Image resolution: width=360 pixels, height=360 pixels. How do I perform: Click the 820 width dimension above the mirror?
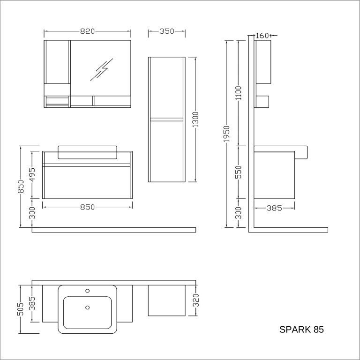click(87, 31)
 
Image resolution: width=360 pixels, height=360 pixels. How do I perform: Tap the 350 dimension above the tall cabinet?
click(167, 31)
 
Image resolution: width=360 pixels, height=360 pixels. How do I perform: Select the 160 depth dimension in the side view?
click(262, 36)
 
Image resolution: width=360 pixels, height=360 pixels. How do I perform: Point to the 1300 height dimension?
click(195, 120)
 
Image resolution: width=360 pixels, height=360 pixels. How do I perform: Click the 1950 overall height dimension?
click(226, 134)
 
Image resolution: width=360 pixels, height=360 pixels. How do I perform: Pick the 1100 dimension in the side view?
click(239, 93)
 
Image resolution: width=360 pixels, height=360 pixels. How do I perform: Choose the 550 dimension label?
click(239, 172)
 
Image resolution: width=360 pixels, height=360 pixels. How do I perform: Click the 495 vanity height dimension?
click(33, 175)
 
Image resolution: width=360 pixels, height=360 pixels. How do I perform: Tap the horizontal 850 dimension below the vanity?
click(87, 207)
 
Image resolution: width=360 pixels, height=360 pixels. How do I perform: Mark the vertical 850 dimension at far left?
click(21, 187)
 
